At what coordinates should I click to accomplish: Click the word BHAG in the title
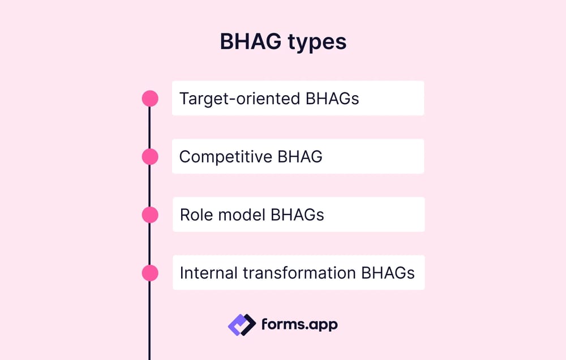point(250,43)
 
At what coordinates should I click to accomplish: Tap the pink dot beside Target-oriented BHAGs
point(150,98)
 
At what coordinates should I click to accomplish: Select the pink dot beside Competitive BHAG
point(150,156)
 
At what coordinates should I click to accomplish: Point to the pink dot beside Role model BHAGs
point(150,215)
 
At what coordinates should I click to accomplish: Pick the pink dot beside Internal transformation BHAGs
point(150,273)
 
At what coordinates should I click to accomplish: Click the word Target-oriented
point(240,98)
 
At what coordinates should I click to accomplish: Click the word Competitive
point(225,157)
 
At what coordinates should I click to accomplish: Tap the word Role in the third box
point(192,215)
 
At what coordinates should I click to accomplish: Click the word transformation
point(299,273)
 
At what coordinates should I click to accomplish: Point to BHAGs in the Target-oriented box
point(332,98)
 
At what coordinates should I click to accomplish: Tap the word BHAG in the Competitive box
point(299,157)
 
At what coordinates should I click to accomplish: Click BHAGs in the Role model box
point(297,215)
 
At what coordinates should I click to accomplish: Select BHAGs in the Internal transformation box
point(388,273)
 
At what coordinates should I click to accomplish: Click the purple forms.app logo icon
point(242,324)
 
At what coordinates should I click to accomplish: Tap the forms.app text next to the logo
point(299,324)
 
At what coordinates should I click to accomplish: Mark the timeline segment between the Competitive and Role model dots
point(150,186)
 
